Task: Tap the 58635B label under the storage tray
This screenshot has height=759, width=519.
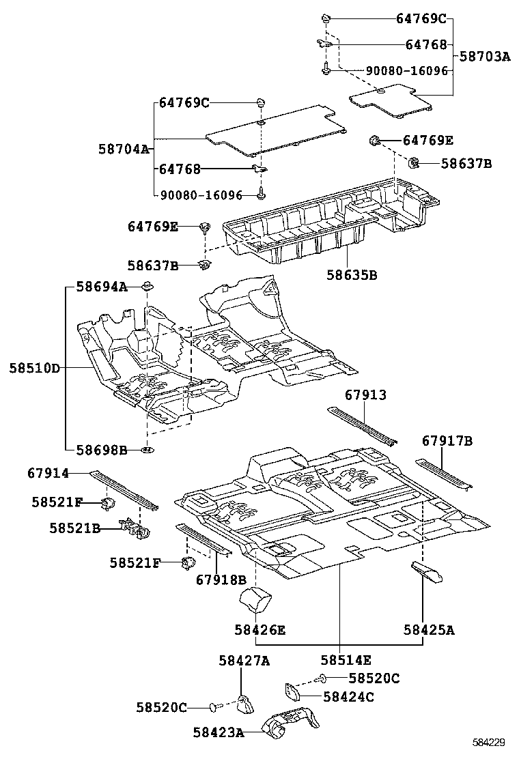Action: [x=352, y=276]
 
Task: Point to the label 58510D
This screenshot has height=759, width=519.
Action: [x=34, y=369]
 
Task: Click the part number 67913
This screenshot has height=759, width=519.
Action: [x=365, y=395]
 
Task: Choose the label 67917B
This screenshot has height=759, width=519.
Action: [x=447, y=442]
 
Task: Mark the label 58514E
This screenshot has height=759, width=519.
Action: [x=346, y=660]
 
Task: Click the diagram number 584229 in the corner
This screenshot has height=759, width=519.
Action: [x=490, y=742]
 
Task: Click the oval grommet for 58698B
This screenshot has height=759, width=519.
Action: [x=148, y=450]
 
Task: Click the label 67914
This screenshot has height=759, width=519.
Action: [x=48, y=472]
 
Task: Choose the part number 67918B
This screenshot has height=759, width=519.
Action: [x=221, y=580]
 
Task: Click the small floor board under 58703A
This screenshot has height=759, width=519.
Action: [x=391, y=98]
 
